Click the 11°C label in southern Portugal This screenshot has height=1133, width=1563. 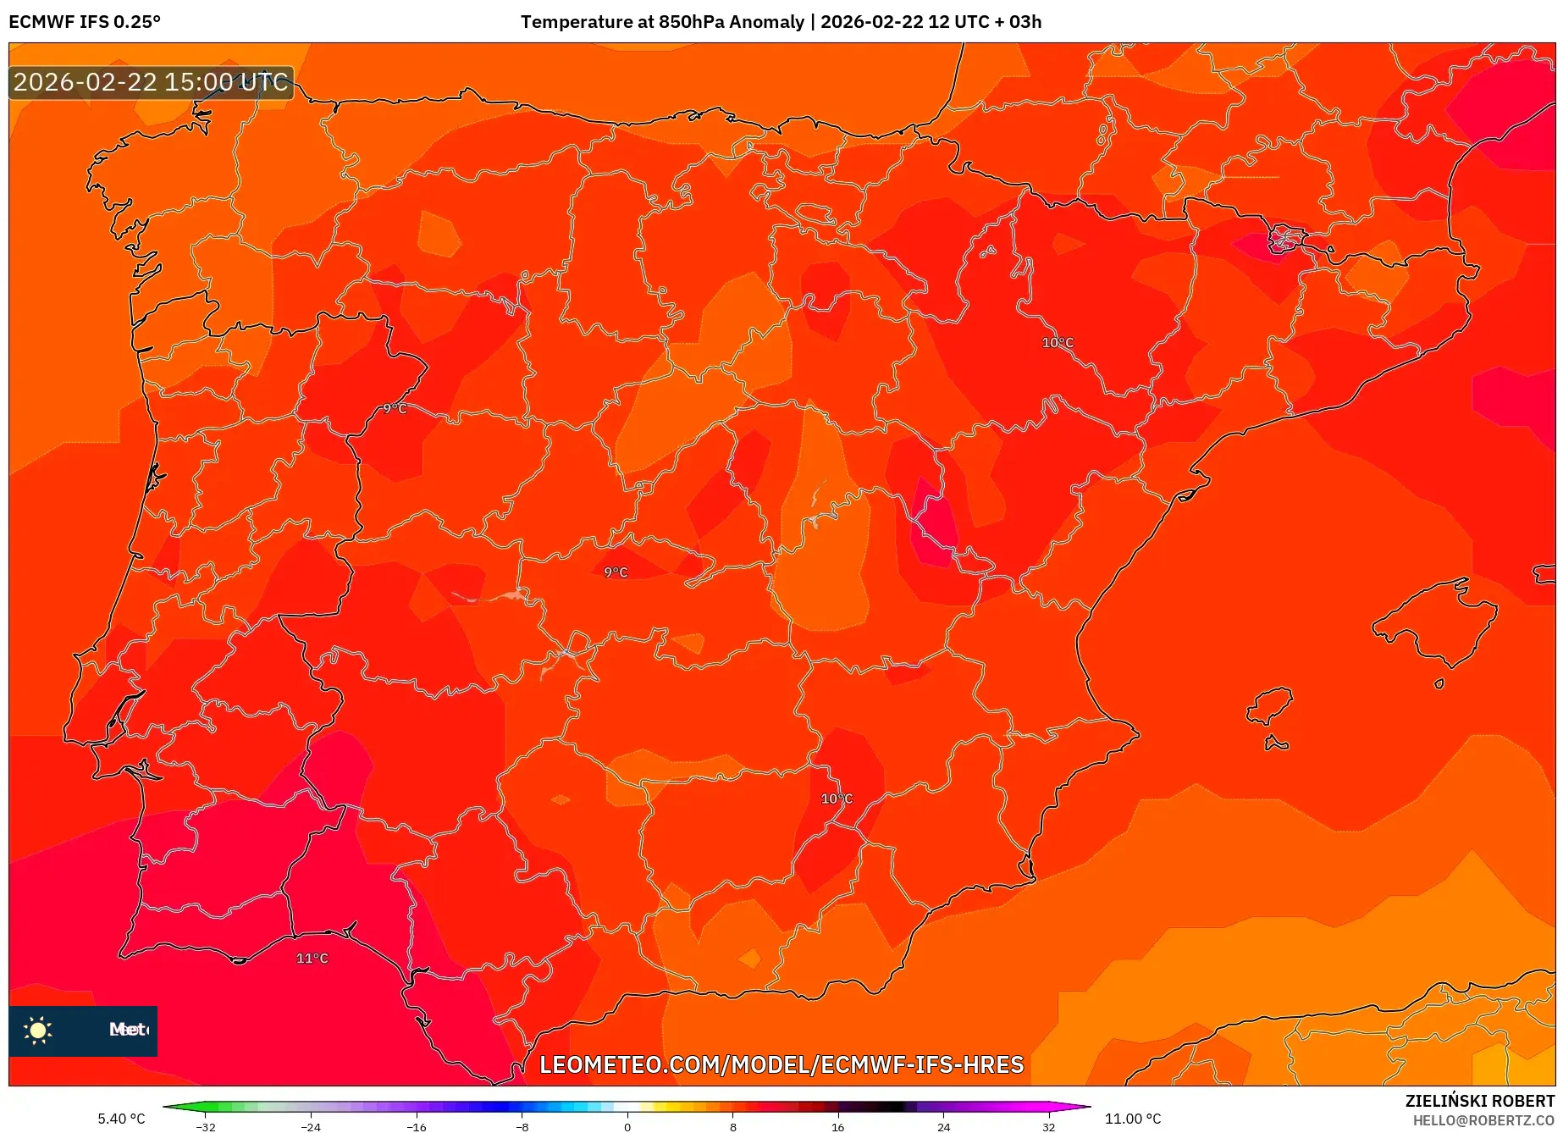[x=312, y=958]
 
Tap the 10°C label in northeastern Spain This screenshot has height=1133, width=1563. [x=1057, y=342]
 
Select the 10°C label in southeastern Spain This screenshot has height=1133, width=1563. [x=836, y=799]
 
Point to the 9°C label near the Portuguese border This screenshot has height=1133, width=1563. [x=395, y=408]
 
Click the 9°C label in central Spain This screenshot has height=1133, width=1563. [x=616, y=572]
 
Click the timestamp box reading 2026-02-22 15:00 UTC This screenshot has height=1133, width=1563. [x=152, y=82]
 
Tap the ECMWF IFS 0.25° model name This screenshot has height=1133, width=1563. [x=85, y=22]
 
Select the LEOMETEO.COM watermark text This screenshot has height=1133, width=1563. [x=781, y=1064]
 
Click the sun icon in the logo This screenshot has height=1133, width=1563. [x=38, y=1030]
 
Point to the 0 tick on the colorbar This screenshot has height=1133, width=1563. [x=627, y=1126]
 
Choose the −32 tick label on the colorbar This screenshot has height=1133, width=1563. [x=206, y=1126]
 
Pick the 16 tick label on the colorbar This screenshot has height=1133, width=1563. [x=837, y=1126]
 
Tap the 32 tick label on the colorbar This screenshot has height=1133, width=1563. [x=1048, y=1126]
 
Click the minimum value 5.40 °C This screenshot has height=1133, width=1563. [x=121, y=1119]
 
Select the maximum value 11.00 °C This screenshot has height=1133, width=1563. [x=1133, y=1119]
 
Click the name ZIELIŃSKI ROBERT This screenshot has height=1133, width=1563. [x=1479, y=1101]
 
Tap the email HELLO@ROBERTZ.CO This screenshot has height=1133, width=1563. [x=1483, y=1120]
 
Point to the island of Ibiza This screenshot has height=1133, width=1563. [x=1270, y=705]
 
